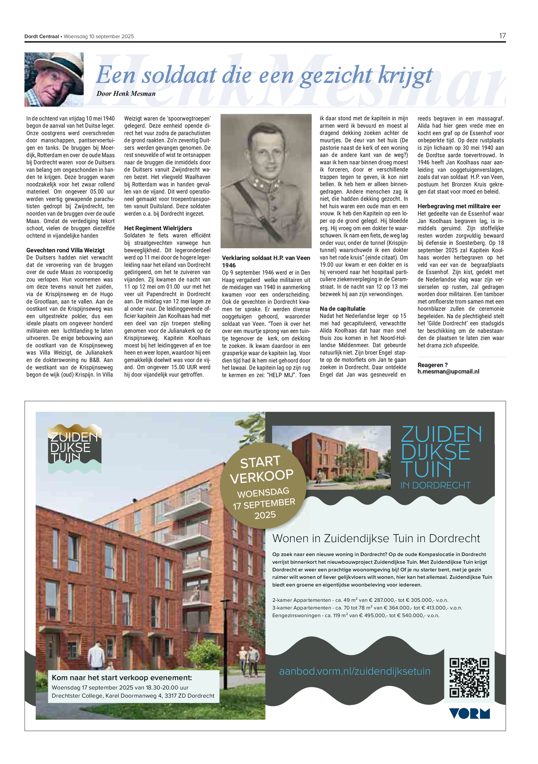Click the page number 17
tap(502, 36)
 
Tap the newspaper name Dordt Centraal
tap(41, 36)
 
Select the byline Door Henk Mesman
tap(126, 94)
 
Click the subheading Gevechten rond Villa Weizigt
tap(65, 250)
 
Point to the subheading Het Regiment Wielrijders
tap(158, 228)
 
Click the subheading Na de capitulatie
tap(342, 308)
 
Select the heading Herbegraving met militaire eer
tap(459, 206)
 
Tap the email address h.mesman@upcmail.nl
tap(448, 371)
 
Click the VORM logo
tap(469, 714)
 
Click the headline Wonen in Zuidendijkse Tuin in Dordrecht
tap(376, 538)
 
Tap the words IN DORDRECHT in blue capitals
tap(435, 485)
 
